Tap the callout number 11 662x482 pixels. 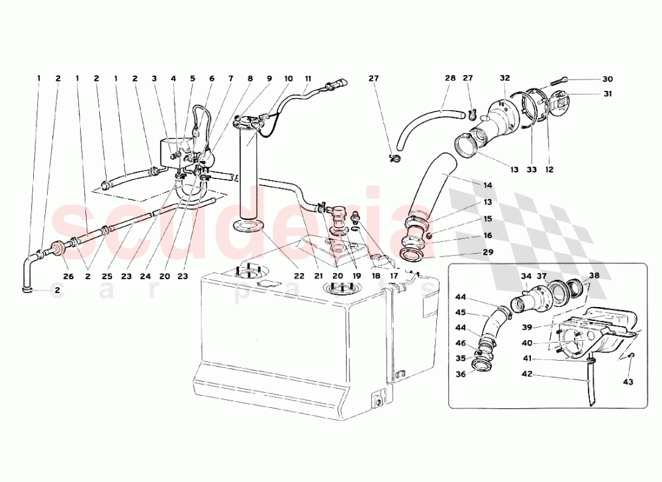(x=308, y=78)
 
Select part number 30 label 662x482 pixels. (x=608, y=79)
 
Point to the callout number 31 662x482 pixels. (x=608, y=93)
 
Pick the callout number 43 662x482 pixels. (x=628, y=382)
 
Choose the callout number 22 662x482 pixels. (x=300, y=276)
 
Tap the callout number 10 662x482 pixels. (x=289, y=78)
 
